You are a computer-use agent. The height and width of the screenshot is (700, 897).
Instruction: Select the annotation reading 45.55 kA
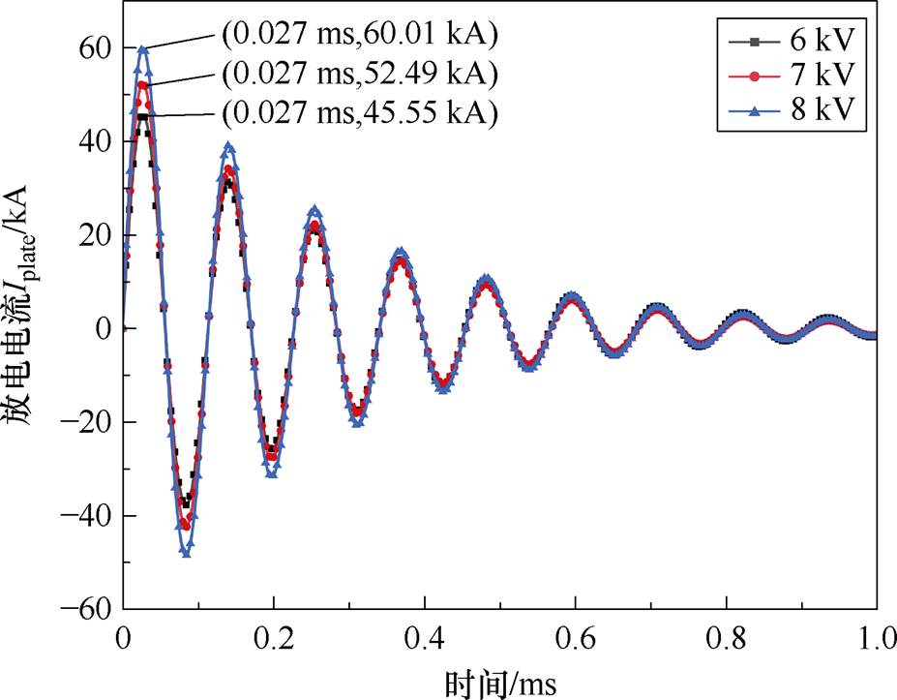pyautogui.click(x=359, y=112)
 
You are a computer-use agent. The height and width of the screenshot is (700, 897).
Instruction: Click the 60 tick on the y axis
pyautogui.click(x=97, y=48)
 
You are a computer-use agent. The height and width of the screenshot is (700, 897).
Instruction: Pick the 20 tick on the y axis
pyautogui.click(x=97, y=235)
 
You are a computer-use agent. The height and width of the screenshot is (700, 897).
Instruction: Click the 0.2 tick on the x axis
pyautogui.click(x=274, y=640)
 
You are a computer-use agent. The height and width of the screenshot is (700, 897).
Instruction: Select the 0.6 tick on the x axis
pyautogui.click(x=576, y=640)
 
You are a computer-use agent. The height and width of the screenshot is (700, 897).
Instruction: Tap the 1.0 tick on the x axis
pyautogui.click(x=876, y=640)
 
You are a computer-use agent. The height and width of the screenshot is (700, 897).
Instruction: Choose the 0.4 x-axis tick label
pyautogui.click(x=425, y=640)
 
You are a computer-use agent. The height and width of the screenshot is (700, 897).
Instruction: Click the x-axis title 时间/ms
pyautogui.click(x=500, y=682)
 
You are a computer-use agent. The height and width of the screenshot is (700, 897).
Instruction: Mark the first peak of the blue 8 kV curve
pyautogui.click(x=143, y=48)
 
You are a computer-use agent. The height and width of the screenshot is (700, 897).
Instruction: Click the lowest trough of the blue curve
pyautogui.click(x=186, y=554)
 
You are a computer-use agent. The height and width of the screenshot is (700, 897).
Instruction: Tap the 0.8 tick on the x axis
pyautogui.click(x=726, y=640)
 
